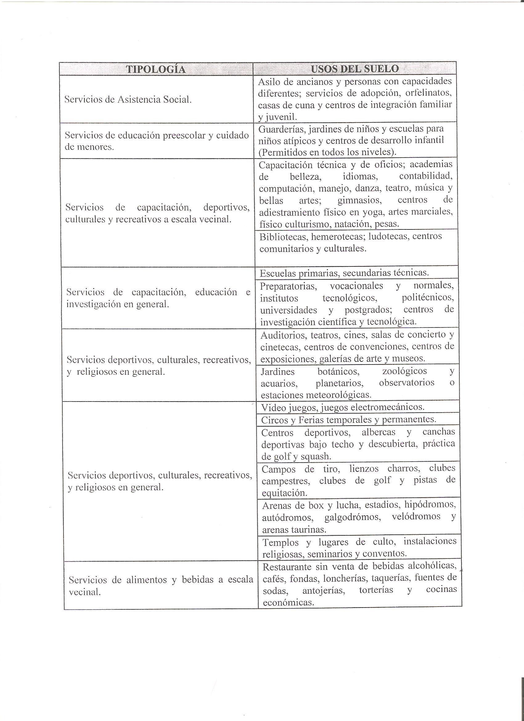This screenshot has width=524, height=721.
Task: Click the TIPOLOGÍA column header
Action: pos(156,69)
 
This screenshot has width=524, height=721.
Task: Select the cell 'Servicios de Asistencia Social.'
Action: pos(128,100)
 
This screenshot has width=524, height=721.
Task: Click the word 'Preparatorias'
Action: pos(288,286)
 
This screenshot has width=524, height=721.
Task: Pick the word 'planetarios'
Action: pos(339,383)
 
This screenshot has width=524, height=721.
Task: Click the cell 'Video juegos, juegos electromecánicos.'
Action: pos(342,407)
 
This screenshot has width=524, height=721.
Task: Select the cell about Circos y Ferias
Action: pos(348,420)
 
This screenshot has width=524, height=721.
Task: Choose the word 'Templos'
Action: pos(281,542)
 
